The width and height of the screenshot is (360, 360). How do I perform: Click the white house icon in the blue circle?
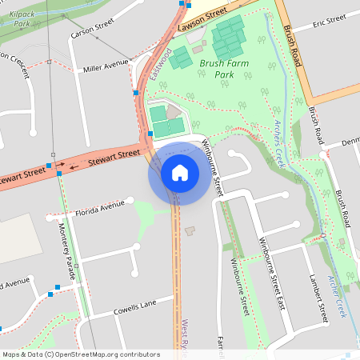[x=180, y=172]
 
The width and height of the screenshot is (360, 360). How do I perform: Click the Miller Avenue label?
[x=106, y=64]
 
